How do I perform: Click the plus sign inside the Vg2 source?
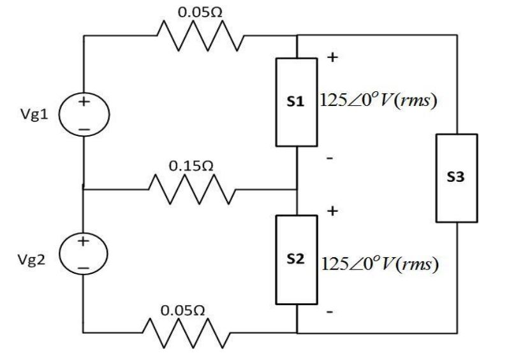[x=83, y=242]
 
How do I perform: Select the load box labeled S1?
[x=297, y=101]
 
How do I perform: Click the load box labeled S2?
[x=297, y=260]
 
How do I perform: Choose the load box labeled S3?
[x=457, y=178]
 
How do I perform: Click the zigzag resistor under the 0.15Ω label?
[x=189, y=189]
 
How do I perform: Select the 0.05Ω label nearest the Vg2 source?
[x=183, y=310]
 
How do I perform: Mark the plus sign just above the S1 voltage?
[x=332, y=57]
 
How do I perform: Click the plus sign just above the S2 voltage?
[x=332, y=211]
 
